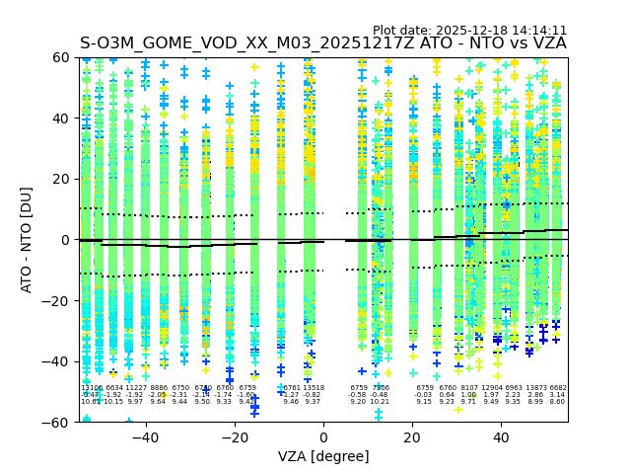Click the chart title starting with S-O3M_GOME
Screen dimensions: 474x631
(323, 43)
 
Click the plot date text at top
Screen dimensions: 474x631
(469, 31)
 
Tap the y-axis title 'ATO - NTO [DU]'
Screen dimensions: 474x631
(27, 239)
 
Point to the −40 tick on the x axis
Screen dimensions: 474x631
(145, 437)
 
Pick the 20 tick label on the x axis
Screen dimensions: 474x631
(412, 437)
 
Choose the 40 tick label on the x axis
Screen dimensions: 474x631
(501, 437)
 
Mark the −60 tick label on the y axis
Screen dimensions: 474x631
(58, 422)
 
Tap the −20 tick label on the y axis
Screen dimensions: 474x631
(58, 300)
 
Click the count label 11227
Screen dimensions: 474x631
(135, 388)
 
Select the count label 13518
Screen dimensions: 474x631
(313, 388)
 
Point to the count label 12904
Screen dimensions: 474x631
(491, 388)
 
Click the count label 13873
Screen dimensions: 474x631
(535, 388)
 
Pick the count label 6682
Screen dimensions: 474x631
(558, 388)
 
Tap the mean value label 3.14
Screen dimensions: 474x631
(558, 395)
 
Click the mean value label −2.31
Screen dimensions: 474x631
(179, 395)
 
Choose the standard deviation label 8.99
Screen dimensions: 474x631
(535, 402)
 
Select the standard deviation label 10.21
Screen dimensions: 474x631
(380, 402)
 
